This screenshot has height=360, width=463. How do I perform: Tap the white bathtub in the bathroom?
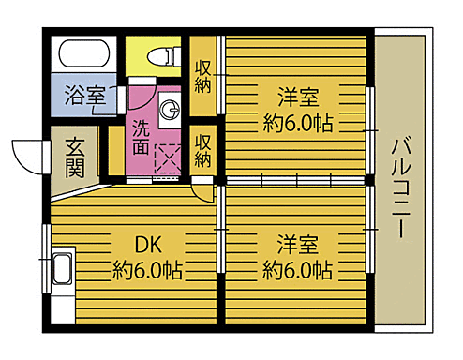tap(82, 52)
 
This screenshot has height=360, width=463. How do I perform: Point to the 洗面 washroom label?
tap(140, 137)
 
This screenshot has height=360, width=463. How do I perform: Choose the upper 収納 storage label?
tap(203, 79)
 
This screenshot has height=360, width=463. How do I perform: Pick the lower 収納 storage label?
tap(203, 150)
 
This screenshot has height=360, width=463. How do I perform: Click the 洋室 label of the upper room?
tap(297, 97)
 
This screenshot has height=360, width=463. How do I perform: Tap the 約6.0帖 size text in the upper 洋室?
tap(297, 123)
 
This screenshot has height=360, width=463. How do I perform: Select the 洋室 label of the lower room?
tap(297, 245)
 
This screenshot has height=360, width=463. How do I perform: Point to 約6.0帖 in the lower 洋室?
tap(297, 270)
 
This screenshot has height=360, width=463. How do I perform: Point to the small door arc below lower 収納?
tap(202, 189)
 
